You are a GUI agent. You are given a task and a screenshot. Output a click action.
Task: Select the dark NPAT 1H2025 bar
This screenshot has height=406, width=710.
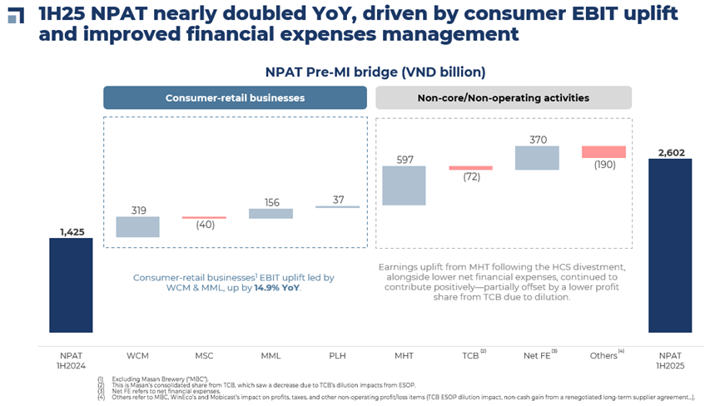tap(670, 245)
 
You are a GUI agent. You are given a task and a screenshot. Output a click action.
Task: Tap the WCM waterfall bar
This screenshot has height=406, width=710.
tap(137, 227)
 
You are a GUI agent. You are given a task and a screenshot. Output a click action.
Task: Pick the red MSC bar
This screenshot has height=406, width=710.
tap(204, 218)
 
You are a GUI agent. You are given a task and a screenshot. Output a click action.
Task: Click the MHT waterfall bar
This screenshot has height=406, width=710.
tap(405, 186)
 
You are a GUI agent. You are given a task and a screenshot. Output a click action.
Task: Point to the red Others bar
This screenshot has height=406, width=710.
tap(603, 151)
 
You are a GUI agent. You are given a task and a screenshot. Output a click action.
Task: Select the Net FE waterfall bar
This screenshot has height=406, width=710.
tap(538, 158)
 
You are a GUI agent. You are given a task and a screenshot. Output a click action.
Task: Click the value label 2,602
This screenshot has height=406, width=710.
tap(670, 151)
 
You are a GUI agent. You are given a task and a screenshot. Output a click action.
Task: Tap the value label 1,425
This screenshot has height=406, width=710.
tap(72, 231)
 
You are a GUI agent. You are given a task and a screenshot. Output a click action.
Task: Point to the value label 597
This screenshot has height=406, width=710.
tap(405, 160)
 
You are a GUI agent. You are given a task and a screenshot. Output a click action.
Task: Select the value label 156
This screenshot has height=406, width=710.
tap(271, 201)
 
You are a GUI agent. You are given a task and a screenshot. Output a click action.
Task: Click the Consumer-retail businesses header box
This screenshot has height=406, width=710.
tap(235, 97)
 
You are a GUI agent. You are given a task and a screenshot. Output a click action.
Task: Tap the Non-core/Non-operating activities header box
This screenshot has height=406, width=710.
tap(504, 97)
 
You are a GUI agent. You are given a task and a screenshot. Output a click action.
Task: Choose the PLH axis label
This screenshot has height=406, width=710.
tap(337, 355)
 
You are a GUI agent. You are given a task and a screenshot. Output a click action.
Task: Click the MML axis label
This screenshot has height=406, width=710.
tap(271, 355)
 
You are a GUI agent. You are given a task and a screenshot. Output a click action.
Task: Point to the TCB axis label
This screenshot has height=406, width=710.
tap(470, 355)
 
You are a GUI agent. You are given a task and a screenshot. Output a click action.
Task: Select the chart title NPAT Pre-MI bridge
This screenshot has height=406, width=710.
tap(375, 72)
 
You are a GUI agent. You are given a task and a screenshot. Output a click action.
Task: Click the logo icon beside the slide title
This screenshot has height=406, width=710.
tap(15, 16)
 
